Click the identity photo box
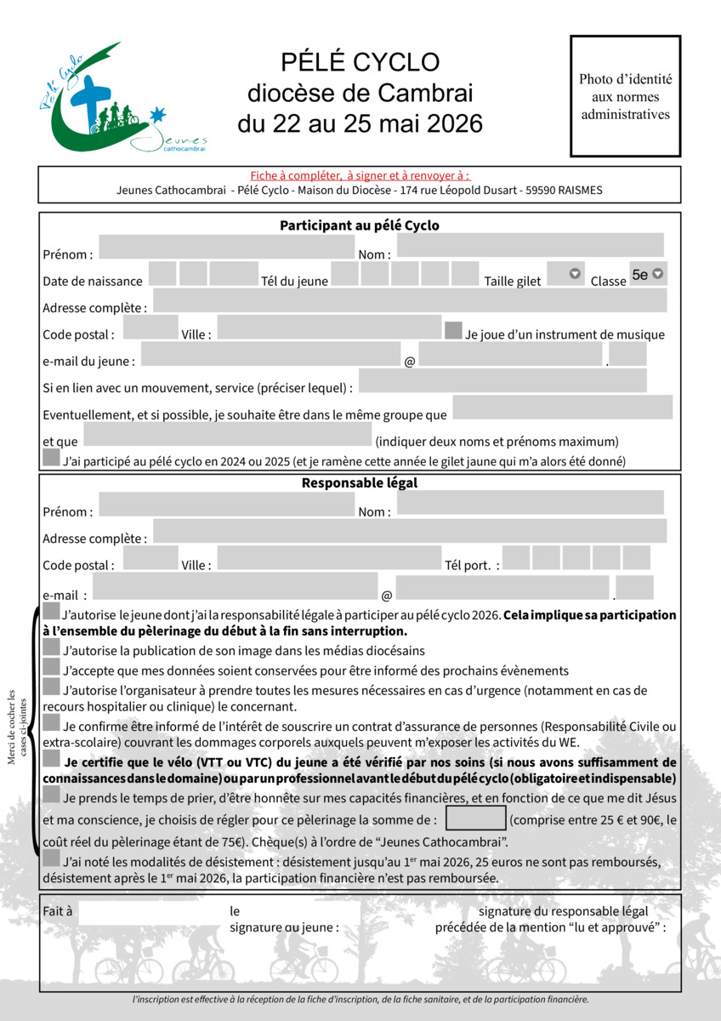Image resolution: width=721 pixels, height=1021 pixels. [625, 96]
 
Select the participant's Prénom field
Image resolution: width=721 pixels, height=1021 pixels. [226, 247]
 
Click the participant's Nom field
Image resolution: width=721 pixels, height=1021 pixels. [530, 246]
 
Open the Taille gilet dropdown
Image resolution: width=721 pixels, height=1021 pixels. [565, 274]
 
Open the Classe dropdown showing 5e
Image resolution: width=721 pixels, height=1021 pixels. [647, 275]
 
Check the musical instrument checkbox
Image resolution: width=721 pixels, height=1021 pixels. [453, 330]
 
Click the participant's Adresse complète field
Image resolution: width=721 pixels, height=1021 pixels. [409, 300]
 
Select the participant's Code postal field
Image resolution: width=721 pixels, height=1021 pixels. [150, 328]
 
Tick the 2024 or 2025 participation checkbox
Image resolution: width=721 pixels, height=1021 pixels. [51, 459]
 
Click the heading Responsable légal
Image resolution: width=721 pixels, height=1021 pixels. [360, 483]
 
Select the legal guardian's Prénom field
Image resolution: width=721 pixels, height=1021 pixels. [226, 505]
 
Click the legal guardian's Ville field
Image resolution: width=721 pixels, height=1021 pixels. [327, 558]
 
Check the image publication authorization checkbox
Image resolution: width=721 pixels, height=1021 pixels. [51, 647]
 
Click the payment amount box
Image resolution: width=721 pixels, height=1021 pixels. [475, 819]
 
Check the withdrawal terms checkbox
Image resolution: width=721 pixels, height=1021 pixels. [51, 859]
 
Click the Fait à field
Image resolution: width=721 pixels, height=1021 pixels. [149, 912]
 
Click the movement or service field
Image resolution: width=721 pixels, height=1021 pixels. [502, 381]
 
